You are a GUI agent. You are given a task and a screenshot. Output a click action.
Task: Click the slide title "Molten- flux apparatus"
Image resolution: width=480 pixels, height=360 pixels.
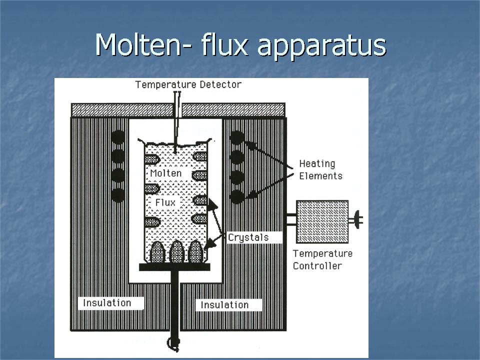[x=240, y=44]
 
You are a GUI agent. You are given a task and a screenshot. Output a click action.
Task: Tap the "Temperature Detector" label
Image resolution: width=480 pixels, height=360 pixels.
[x=188, y=84]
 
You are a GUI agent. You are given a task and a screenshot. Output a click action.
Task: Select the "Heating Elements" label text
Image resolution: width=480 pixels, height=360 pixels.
[x=320, y=169]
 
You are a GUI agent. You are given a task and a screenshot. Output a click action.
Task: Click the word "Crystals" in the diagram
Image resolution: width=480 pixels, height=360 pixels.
[x=248, y=237]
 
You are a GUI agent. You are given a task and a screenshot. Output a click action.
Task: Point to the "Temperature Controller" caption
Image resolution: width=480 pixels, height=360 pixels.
[x=322, y=259]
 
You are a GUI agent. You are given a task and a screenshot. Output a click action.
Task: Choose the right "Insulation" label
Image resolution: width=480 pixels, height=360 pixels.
[x=224, y=305]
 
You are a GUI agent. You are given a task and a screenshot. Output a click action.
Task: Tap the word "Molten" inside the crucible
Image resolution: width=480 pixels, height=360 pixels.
[x=165, y=173]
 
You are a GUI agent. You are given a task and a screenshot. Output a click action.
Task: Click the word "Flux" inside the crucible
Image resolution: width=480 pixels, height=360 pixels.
[x=165, y=202]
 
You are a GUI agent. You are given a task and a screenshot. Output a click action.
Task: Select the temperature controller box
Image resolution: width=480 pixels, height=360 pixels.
[x=322, y=219]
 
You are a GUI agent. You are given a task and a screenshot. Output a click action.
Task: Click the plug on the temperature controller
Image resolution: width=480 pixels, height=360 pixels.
[x=357, y=219]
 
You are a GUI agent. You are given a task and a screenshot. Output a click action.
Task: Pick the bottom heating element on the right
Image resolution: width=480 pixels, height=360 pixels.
[x=237, y=195]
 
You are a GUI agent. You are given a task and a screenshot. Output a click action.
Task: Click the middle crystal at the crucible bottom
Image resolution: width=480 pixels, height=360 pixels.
[x=177, y=252]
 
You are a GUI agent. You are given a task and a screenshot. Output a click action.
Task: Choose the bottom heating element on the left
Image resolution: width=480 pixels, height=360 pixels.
[x=118, y=195]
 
